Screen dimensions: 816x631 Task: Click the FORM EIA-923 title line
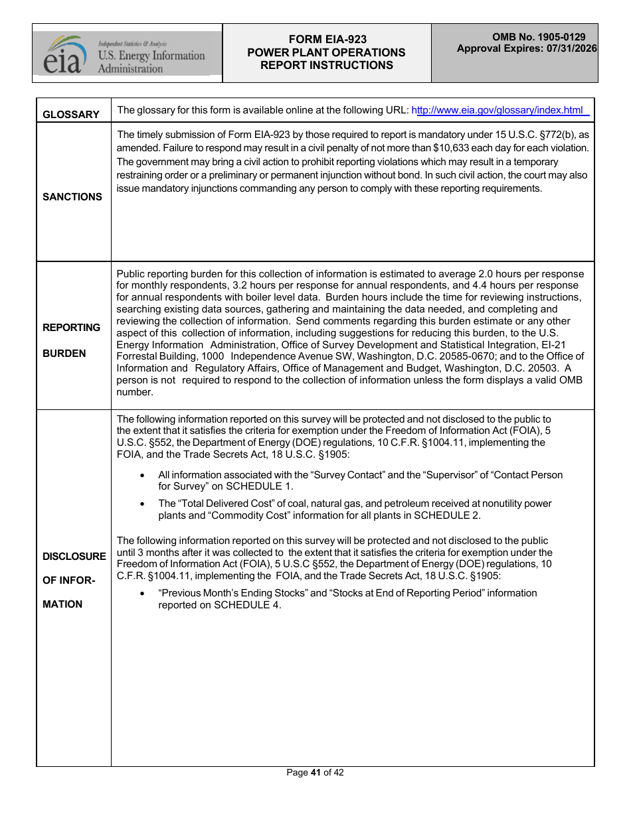click(327, 40)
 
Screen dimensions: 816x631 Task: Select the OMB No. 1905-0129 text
click(539, 38)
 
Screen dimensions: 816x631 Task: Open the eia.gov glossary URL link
click(499, 111)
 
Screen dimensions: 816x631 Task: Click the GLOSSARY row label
click(71, 115)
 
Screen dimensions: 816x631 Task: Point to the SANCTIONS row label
click(72, 197)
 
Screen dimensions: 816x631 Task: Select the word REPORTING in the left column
click(72, 328)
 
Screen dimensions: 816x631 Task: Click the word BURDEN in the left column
click(64, 354)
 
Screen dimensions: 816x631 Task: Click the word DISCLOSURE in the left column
click(74, 557)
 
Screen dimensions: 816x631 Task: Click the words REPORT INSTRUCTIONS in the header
click(327, 65)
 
